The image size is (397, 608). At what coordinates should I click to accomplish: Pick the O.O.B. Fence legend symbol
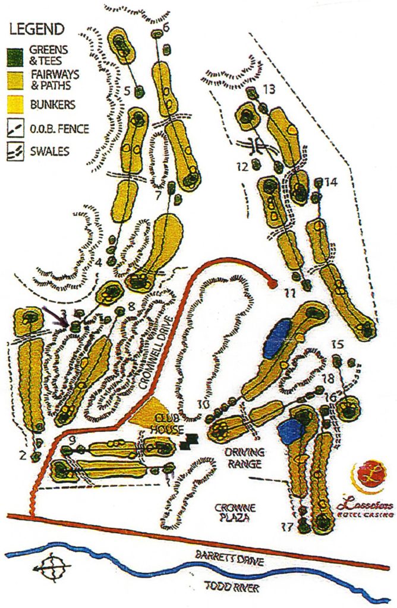(15, 127)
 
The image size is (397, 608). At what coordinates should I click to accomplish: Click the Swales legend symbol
(15, 150)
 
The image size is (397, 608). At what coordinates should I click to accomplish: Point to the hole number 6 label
(166, 27)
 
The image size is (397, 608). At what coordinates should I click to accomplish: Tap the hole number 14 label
(331, 183)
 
